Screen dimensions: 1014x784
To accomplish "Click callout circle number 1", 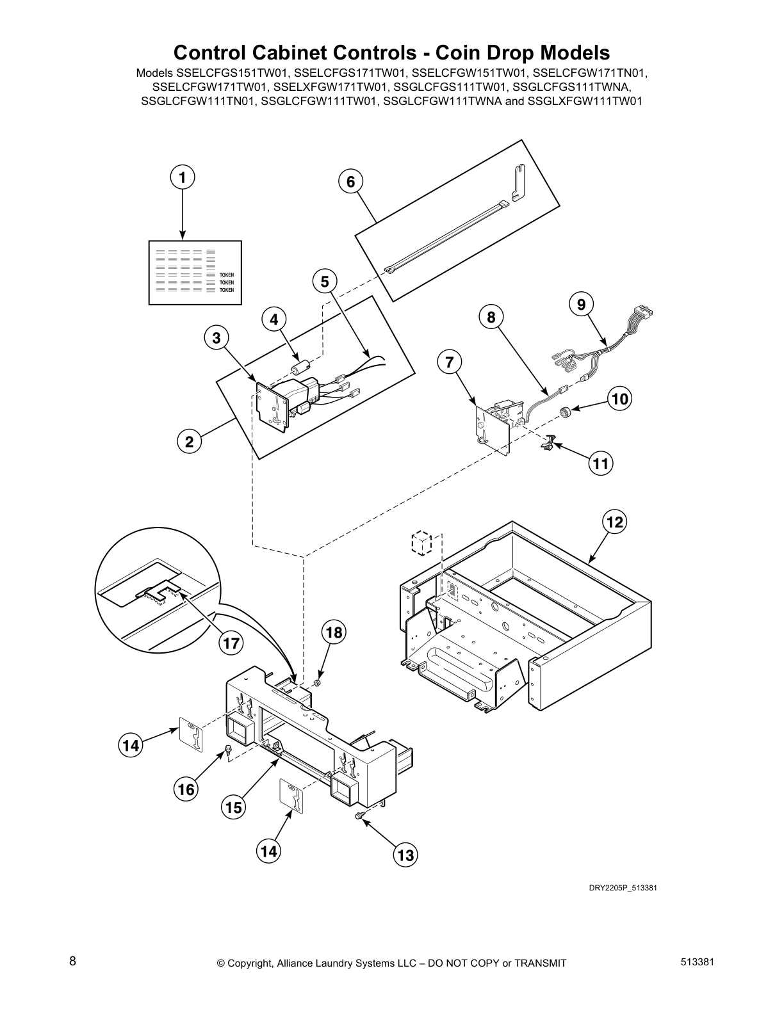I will pyautogui.click(x=183, y=177).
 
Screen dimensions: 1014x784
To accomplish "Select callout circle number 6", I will pyautogui.click(x=350, y=182).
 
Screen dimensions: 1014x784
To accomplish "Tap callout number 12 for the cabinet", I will pyautogui.click(x=614, y=522).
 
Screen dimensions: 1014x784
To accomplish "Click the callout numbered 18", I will pyautogui.click(x=333, y=632).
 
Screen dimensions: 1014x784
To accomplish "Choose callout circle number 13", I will pyautogui.click(x=405, y=855).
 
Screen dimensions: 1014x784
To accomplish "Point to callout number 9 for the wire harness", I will pyautogui.click(x=581, y=305).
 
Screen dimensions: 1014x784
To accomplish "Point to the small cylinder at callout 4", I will pyautogui.click(x=300, y=369).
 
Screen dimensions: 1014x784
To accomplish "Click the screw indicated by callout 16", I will pyautogui.click(x=227, y=751).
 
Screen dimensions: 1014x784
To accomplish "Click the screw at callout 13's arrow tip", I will pyautogui.click(x=360, y=815).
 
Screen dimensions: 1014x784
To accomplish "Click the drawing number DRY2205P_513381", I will pyautogui.click(x=623, y=887).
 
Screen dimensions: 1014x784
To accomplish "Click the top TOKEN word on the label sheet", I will pyautogui.click(x=227, y=275).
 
